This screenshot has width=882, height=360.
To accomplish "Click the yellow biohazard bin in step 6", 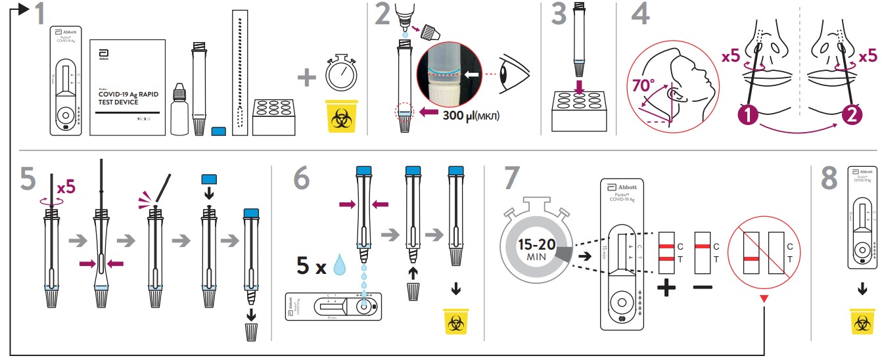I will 454,321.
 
